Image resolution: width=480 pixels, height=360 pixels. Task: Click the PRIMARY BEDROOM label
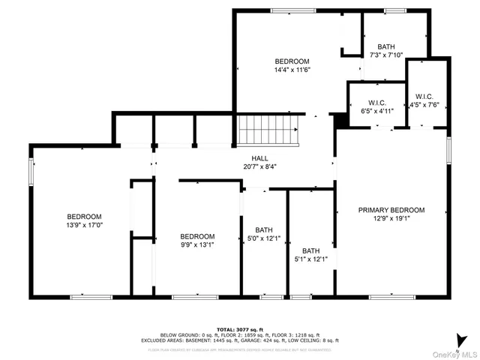coord(391,210)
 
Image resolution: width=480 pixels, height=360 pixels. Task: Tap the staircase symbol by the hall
coord(268,132)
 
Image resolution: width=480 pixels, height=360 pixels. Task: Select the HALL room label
coord(260,157)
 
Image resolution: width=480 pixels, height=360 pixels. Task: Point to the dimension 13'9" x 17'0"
coord(84,224)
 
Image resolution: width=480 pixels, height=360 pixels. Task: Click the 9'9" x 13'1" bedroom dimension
coord(197,244)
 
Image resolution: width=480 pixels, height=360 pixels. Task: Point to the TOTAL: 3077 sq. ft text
coord(240,329)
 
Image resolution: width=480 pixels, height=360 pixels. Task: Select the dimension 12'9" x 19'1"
coord(391,219)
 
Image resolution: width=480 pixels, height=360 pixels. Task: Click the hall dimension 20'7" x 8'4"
coord(260,166)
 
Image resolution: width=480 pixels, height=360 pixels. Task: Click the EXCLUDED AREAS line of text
coord(240,340)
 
